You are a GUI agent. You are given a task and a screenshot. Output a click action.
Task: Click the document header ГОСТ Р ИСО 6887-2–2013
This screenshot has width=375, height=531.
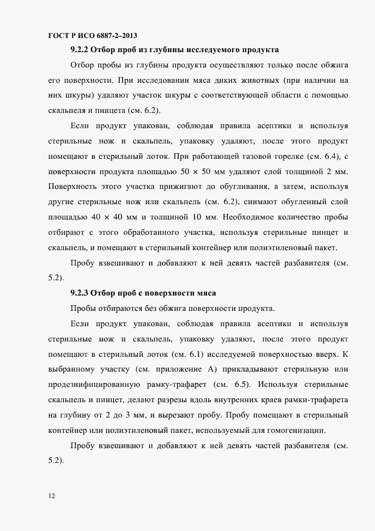94,35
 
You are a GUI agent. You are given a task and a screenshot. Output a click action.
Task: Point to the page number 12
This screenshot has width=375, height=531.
52,496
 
